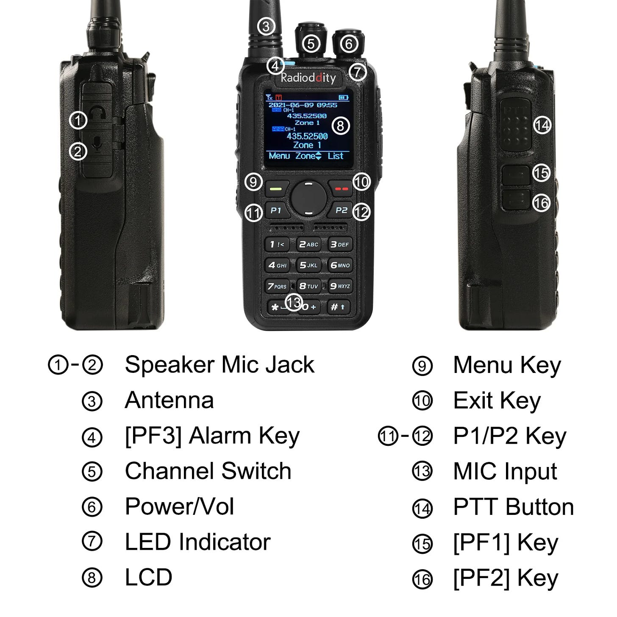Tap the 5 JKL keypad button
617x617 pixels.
(x=308, y=265)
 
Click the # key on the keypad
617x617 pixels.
(x=338, y=307)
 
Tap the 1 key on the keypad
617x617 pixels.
(x=277, y=245)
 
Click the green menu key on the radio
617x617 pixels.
(x=277, y=189)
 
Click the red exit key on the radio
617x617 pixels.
(x=341, y=189)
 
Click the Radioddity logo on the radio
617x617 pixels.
(x=308, y=78)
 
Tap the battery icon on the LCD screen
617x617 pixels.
(x=344, y=97)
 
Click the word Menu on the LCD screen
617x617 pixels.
(x=279, y=156)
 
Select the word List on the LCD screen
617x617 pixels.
(x=335, y=156)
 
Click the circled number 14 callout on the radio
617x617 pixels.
(x=542, y=125)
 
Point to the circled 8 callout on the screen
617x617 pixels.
(x=340, y=126)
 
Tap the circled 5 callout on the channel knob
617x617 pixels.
(x=311, y=44)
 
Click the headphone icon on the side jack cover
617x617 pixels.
(x=97, y=112)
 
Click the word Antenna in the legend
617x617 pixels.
(x=169, y=400)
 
